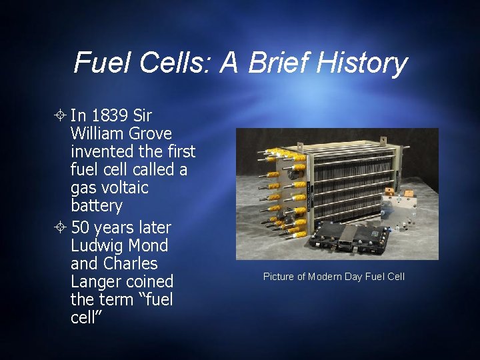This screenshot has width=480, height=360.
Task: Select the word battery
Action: click(x=97, y=205)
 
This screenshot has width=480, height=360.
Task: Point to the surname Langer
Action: click(x=97, y=281)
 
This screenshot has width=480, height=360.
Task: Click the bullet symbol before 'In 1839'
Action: click(x=61, y=116)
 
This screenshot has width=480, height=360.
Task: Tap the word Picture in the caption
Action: click(x=279, y=277)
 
